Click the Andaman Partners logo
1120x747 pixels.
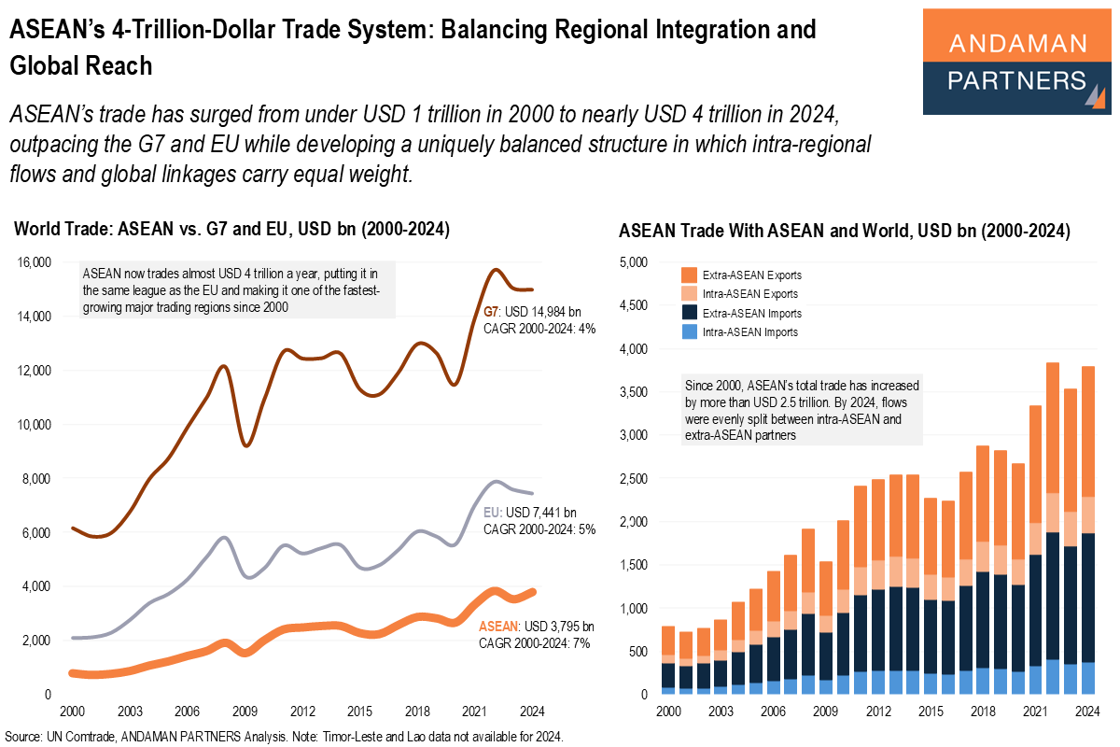click(1016, 62)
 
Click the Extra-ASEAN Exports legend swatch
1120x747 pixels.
click(691, 275)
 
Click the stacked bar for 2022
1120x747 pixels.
click(1052, 528)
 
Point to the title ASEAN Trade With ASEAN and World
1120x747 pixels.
click(844, 230)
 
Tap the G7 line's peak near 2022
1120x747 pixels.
click(495, 270)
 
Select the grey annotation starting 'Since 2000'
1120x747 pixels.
click(803, 411)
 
